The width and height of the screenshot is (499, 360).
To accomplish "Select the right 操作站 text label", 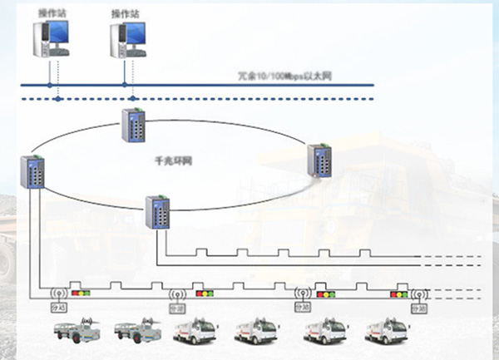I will point(125,13).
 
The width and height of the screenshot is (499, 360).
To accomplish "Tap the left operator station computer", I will point(49,39).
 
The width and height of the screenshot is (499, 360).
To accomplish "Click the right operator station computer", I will point(126,39).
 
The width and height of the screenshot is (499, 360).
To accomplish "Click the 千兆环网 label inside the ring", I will point(174,158).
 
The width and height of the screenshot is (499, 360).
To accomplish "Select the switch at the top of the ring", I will point(132,126).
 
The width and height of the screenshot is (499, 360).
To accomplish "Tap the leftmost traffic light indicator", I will point(81,292).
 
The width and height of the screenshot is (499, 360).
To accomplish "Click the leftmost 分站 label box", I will point(58,308).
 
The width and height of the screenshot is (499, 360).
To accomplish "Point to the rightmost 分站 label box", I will point(418,308).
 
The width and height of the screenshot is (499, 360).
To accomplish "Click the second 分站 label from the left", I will point(177,308).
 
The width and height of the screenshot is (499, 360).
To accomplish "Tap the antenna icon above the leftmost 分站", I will point(58,293).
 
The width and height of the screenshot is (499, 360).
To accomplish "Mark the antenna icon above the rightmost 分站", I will point(418,293).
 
